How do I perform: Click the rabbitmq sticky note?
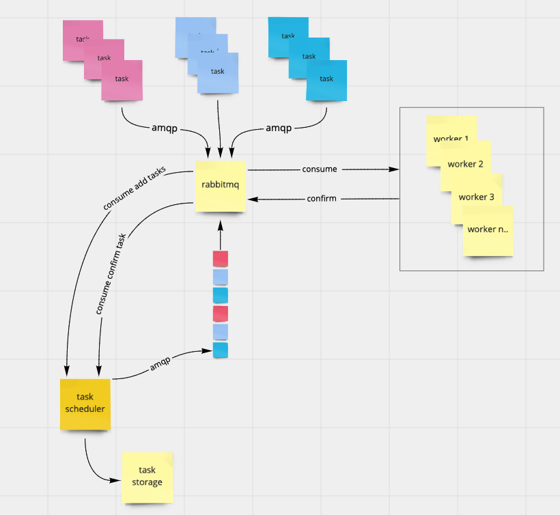[x=219, y=186]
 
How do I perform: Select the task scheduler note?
[x=85, y=404]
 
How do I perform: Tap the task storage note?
[x=147, y=477]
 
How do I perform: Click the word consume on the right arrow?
[x=320, y=169]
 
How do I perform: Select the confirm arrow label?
[x=322, y=199]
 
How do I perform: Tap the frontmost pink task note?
[x=122, y=81]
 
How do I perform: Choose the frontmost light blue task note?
[x=218, y=73]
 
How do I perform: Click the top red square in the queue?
[x=221, y=258]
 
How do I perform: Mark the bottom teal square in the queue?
[x=221, y=350]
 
